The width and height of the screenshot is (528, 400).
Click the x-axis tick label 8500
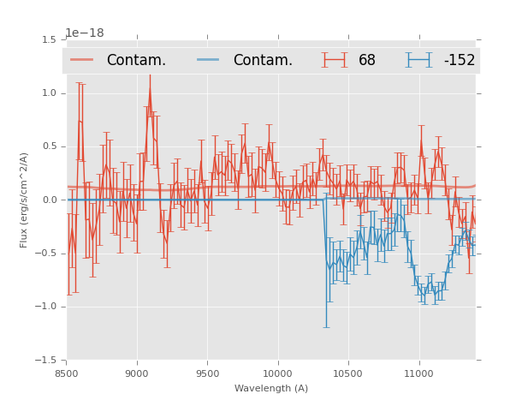coord(67,373)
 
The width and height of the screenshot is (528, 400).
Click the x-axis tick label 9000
coord(137,373)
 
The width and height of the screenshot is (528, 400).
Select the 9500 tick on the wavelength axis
coord(207,373)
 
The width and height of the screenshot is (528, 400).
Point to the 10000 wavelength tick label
coord(277,373)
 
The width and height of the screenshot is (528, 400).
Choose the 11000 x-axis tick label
coord(418,373)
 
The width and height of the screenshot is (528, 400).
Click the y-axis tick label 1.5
coord(49,39)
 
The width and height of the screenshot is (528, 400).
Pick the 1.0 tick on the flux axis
coord(49,93)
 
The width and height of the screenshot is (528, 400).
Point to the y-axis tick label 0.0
coord(49,200)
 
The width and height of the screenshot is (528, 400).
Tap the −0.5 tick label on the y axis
coord(46,254)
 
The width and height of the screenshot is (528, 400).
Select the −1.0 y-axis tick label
coord(46,307)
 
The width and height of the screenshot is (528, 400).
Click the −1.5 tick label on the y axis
coord(46,361)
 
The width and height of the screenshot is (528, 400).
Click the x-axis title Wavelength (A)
coord(271,388)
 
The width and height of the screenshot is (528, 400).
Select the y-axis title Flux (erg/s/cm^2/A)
coord(25,200)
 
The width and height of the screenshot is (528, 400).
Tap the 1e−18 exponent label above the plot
coord(84,33)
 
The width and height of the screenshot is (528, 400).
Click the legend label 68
coord(367,61)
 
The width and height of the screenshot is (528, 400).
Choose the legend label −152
coord(460,61)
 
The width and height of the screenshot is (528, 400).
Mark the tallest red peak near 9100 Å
coord(150,85)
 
